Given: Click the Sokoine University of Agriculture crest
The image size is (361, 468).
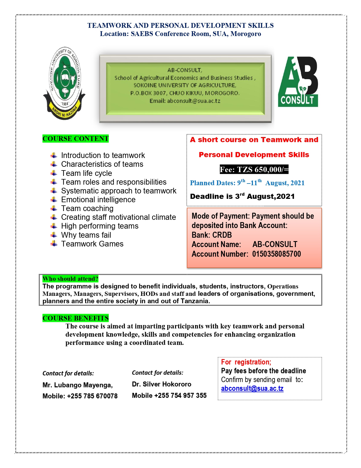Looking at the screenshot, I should click(x=64, y=83).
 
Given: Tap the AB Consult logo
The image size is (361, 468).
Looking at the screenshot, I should click(x=298, y=82).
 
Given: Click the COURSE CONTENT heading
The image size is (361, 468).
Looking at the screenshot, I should click(x=76, y=139).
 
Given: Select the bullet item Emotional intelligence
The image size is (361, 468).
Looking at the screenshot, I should click(x=98, y=200).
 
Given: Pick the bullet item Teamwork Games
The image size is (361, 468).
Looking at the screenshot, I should click(x=92, y=244).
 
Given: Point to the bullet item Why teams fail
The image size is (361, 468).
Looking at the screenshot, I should click(x=86, y=235).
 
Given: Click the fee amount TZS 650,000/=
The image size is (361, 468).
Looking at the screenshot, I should click(x=254, y=170).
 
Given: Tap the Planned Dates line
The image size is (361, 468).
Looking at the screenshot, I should click(x=247, y=183).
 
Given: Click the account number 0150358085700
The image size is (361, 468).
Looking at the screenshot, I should click(x=276, y=254).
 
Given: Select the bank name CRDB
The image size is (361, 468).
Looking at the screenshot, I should click(x=222, y=235).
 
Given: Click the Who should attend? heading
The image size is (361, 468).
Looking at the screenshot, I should click(x=70, y=279).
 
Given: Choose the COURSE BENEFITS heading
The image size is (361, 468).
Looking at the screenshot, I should click(x=76, y=318).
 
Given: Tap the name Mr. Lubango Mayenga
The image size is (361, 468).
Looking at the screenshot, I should click(x=78, y=385).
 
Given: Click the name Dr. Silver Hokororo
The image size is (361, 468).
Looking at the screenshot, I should click(x=161, y=384).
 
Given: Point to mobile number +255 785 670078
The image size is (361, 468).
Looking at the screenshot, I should click(x=92, y=396).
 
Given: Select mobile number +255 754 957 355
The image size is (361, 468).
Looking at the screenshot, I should click(x=180, y=396).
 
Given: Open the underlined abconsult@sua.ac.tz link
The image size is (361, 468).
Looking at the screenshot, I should click(x=252, y=389).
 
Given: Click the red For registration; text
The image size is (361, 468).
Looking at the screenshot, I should click(x=246, y=362).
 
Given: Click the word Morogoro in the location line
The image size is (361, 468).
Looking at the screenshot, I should click(x=245, y=34).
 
